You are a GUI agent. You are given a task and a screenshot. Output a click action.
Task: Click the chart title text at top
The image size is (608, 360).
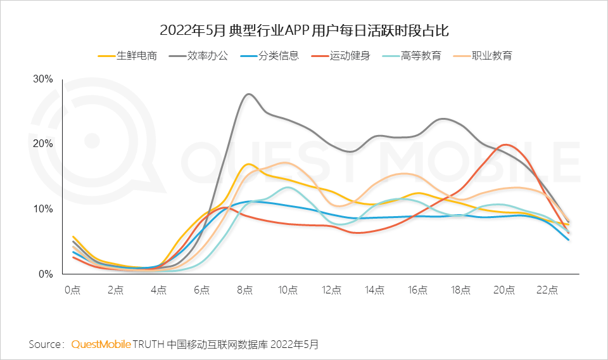[x=304, y=30]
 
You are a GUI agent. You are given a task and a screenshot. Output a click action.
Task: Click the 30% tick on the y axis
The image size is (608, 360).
[x=42, y=79]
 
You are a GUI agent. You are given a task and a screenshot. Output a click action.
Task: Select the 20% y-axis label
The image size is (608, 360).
[x=42, y=144]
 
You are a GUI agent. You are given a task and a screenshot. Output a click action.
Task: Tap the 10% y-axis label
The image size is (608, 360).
[x=42, y=209]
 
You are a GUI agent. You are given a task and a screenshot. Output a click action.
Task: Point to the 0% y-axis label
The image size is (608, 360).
[x=45, y=274]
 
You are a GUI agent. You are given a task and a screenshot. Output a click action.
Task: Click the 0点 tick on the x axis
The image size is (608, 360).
[x=73, y=290]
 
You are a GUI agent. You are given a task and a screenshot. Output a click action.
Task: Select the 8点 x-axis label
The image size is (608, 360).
[x=245, y=290]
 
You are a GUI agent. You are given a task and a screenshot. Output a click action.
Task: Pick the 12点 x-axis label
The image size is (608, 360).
[x=331, y=290]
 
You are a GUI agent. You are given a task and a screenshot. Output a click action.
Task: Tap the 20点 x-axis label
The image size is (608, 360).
[x=504, y=290]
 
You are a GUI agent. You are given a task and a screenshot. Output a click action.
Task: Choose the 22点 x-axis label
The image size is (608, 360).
[x=547, y=290]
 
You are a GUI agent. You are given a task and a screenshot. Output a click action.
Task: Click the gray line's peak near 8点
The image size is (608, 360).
[x=248, y=94]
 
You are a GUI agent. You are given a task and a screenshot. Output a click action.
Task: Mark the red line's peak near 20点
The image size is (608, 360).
[x=505, y=145]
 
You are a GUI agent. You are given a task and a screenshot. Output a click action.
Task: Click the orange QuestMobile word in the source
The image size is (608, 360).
[x=101, y=344]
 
